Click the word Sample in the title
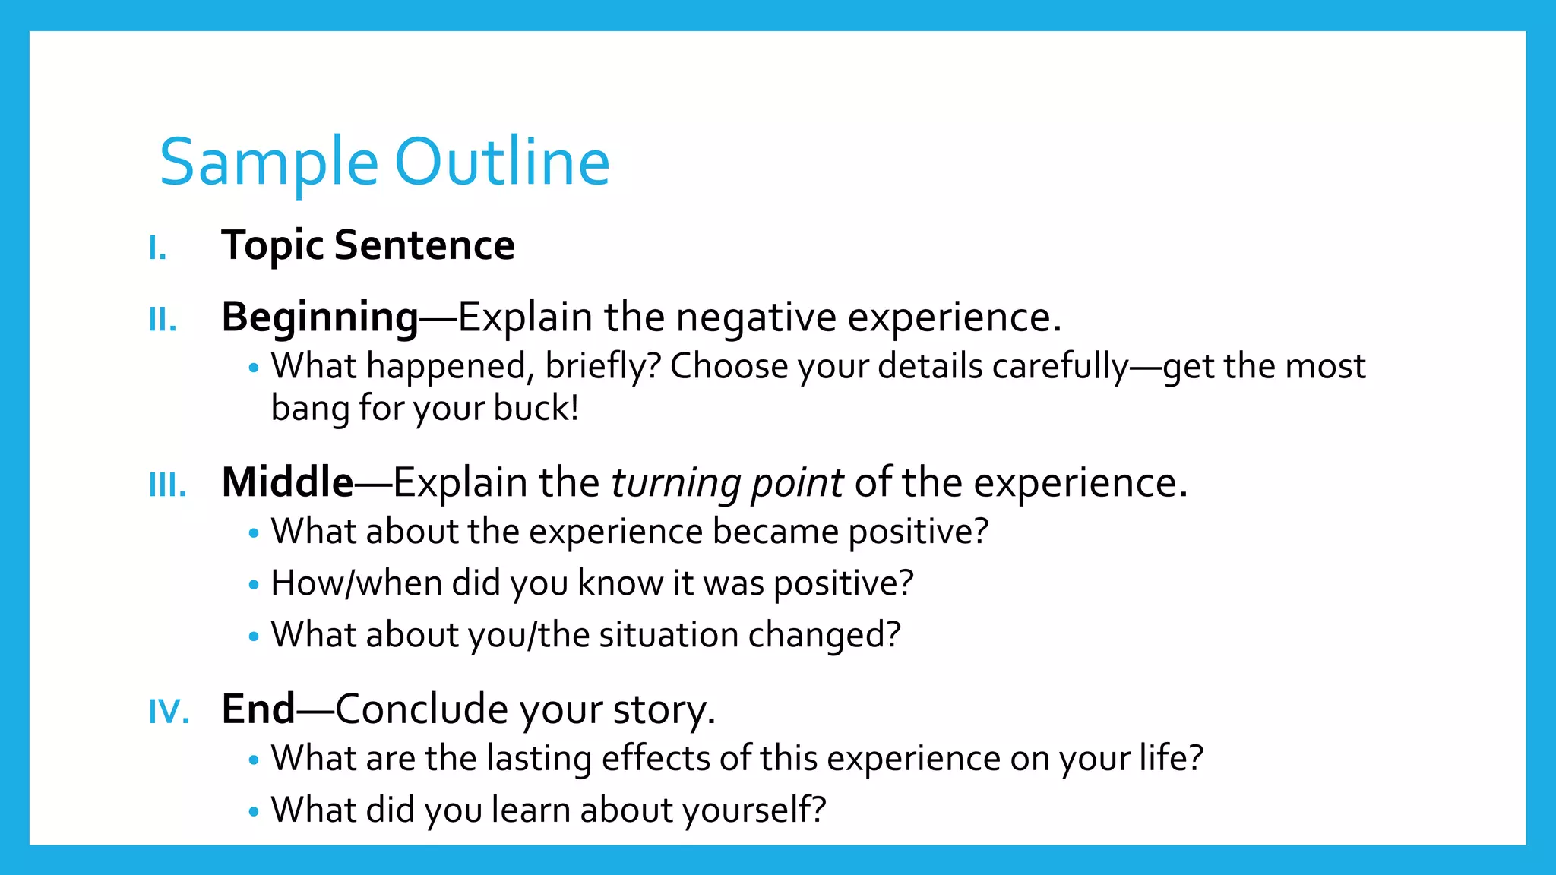[268, 163]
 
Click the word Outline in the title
[502, 162]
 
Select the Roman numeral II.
[163, 320]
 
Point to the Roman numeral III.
[168, 485]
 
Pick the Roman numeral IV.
[169, 712]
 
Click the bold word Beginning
[320, 317]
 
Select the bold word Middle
[287, 482]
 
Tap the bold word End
[258, 709]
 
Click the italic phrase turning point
[727, 483]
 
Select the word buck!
[536, 408]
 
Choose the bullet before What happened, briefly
[254, 368]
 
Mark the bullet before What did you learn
[254, 811]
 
